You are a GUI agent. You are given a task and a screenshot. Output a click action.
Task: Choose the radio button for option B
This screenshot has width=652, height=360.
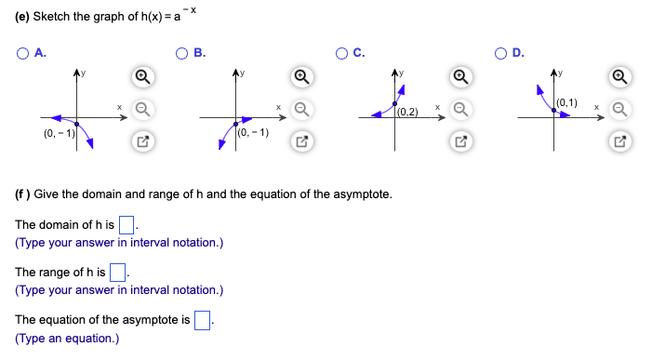[182, 53]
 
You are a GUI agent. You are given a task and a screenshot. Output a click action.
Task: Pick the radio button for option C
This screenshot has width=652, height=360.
[343, 53]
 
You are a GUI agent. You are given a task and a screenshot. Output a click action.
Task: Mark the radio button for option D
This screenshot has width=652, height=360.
[503, 53]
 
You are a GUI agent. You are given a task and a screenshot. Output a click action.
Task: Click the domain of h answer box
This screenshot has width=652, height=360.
[128, 224]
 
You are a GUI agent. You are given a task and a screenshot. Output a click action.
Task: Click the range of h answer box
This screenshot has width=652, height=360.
[118, 273]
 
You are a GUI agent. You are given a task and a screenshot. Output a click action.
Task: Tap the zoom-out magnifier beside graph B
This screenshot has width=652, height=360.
[299, 110]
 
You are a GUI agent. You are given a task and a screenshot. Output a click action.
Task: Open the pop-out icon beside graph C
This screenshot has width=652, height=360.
[460, 141]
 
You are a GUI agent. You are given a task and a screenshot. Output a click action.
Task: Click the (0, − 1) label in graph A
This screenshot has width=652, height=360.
[59, 136]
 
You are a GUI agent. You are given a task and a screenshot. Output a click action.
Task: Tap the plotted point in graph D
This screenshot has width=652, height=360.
[555, 110]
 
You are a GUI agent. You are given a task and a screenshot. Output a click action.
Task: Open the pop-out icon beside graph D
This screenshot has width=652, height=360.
[620, 141]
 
